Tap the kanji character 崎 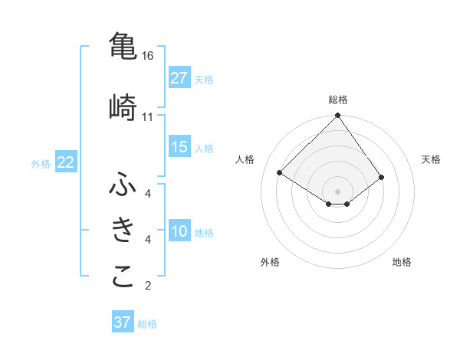click(x=123, y=106)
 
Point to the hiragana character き click(x=123, y=230)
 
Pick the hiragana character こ click(x=123, y=277)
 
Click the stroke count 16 click(x=148, y=56)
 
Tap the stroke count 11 click(x=148, y=116)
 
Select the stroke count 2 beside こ click(x=148, y=286)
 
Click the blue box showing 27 click(x=179, y=78)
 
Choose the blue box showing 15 click(x=179, y=147)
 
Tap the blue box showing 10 click(x=179, y=232)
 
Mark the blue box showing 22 click(x=66, y=162)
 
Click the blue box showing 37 click(x=123, y=322)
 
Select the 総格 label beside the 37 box click(x=147, y=324)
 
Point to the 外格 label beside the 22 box click(x=41, y=163)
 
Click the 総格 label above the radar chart click(x=338, y=100)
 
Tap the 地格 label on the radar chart click(x=402, y=262)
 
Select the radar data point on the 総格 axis click(x=337, y=116)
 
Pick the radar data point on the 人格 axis click(x=280, y=173)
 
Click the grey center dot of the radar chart click(x=337, y=191)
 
